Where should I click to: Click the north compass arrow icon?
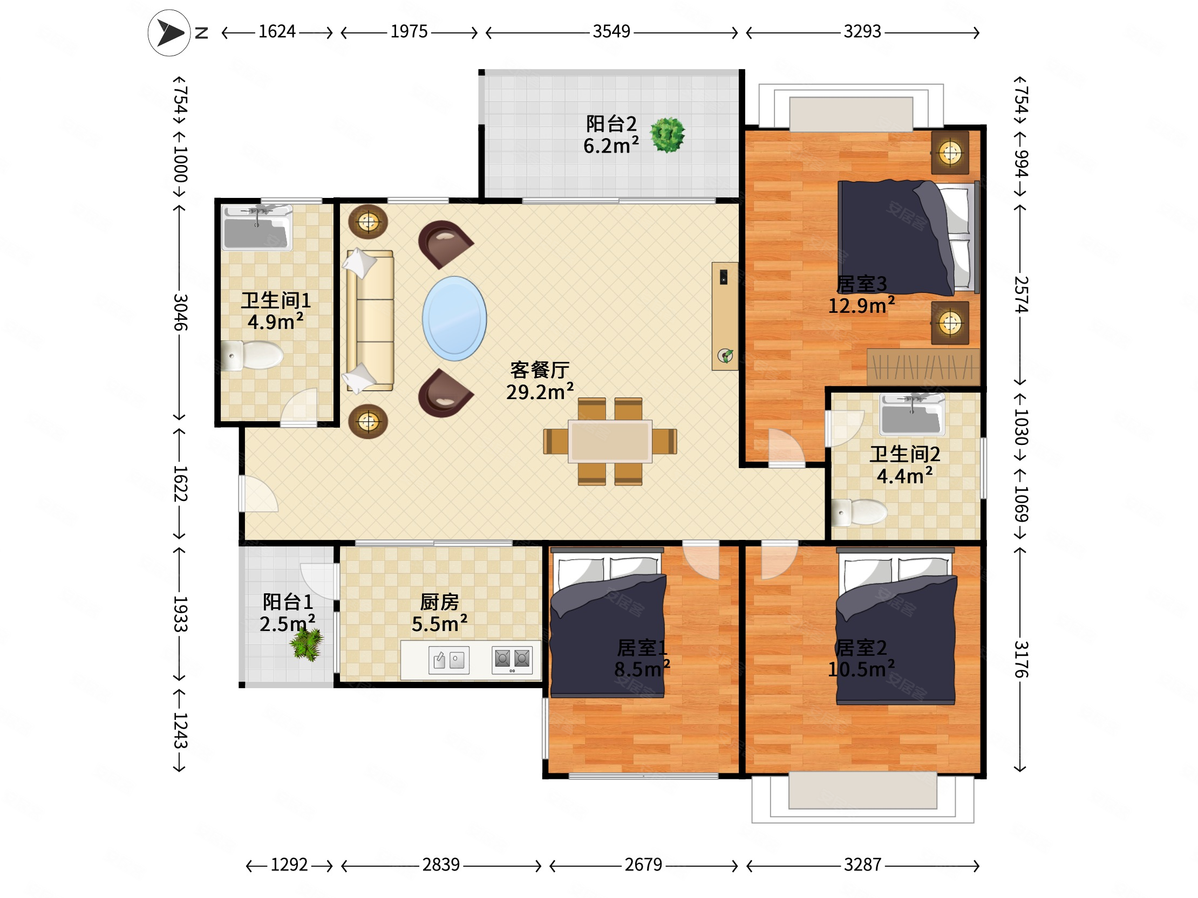pos(169,33)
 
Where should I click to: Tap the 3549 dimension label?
pos(611,31)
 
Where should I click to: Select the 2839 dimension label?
pos(441,865)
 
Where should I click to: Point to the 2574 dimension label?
pos(1021,294)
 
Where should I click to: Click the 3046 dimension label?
pos(180,312)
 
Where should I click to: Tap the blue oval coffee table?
pos(454,318)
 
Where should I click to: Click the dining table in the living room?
pos(610,441)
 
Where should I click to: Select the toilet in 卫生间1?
pos(253,355)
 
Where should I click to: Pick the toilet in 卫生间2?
pos(859,512)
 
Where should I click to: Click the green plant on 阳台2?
pos(667,135)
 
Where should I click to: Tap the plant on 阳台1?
pos(307,644)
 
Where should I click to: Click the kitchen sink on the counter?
pos(449,660)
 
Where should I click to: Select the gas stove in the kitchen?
pos(512,660)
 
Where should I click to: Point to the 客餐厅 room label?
pos(540,370)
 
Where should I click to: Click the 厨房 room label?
pos(439,602)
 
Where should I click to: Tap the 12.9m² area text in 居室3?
pos(861,306)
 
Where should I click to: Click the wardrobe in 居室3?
pos(923,366)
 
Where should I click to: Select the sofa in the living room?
pos(370,320)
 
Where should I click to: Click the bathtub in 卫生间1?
pos(257,228)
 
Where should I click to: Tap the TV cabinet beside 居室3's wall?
pos(725,316)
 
